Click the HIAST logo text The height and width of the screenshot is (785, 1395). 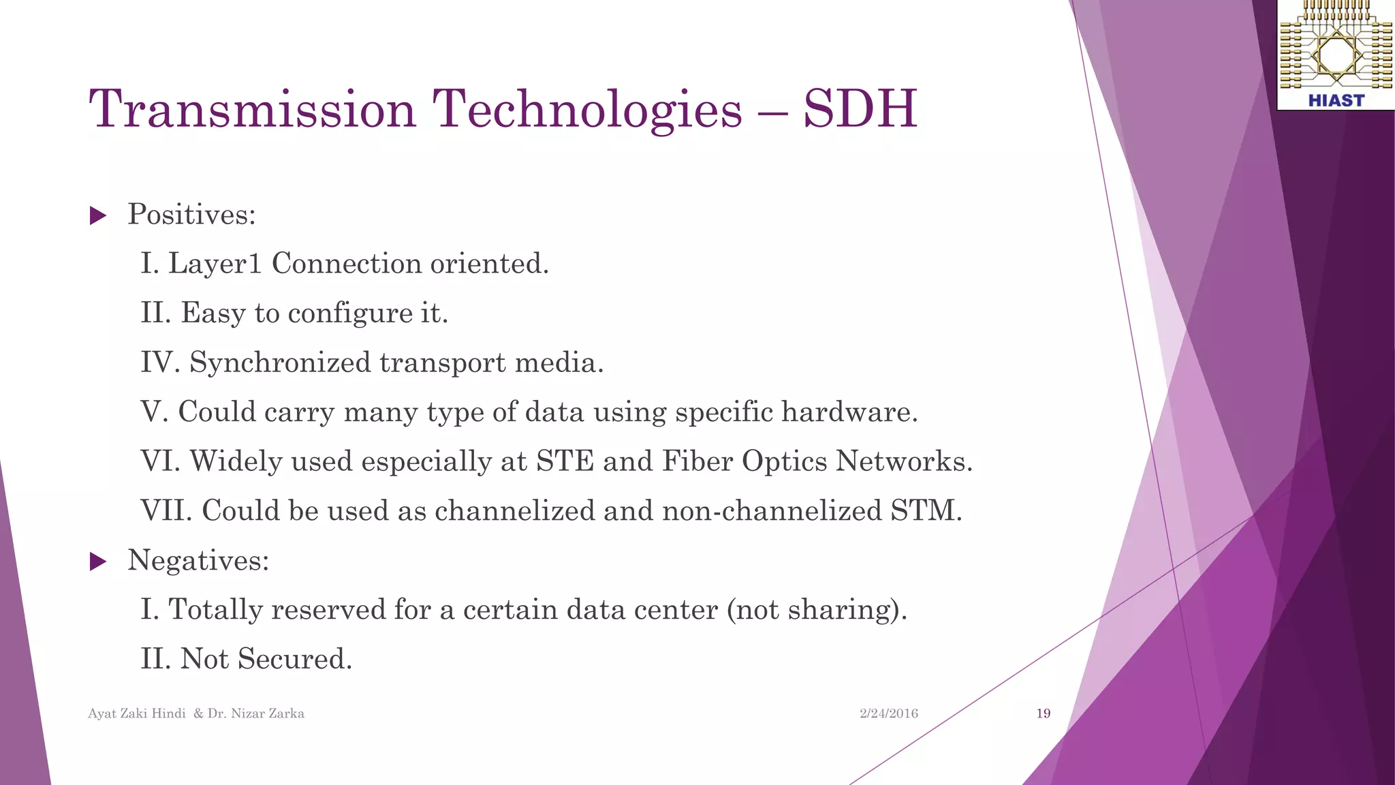click(1336, 101)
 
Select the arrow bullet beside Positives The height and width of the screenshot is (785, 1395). click(98, 217)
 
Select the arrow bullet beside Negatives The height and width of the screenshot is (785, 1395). click(98, 562)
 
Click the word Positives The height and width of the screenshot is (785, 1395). click(191, 215)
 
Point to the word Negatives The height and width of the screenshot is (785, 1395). click(198, 561)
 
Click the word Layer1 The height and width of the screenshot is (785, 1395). click(215, 264)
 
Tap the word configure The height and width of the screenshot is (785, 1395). click(350, 314)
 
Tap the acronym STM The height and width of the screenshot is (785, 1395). click(926, 511)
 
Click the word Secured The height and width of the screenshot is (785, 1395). click(294, 659)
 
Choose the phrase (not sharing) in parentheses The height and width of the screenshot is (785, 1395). click(817, 610)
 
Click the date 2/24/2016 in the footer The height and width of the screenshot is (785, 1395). click(888, 713)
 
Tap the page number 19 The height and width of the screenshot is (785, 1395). click(1043, 713)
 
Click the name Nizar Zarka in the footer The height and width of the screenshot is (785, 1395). click(267, 713)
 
